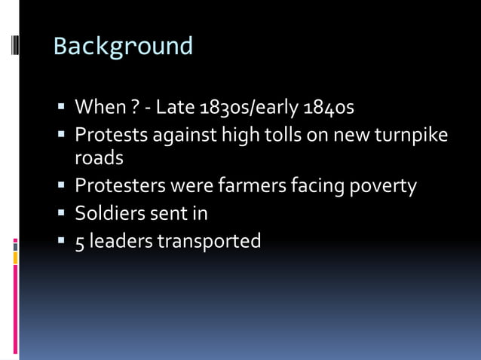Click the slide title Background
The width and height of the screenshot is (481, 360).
[123, 47]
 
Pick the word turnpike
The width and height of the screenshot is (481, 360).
[409, 136]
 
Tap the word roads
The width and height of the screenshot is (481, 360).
[99, 159]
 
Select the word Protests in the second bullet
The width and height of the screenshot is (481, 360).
[110, 135]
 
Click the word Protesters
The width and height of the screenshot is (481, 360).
[121, 186]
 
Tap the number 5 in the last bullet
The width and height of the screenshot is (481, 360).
[80, 241]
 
